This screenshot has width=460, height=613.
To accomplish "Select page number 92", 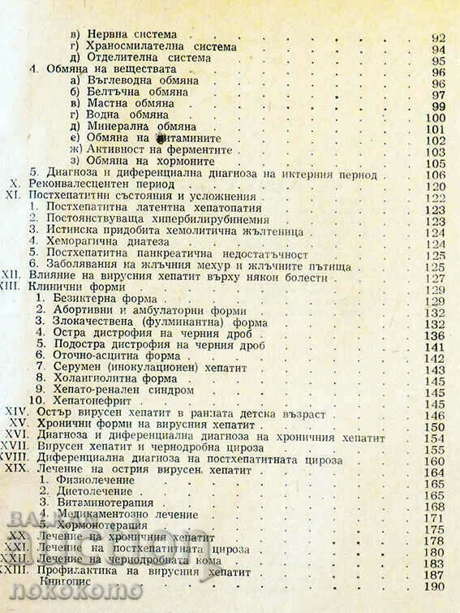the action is point(438,36).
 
